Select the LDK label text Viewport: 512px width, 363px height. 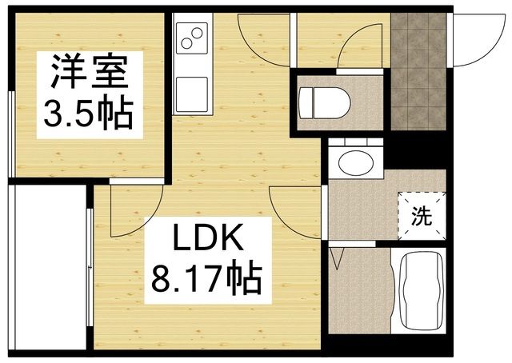point(206,241)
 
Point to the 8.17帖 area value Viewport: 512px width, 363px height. point(206,281)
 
